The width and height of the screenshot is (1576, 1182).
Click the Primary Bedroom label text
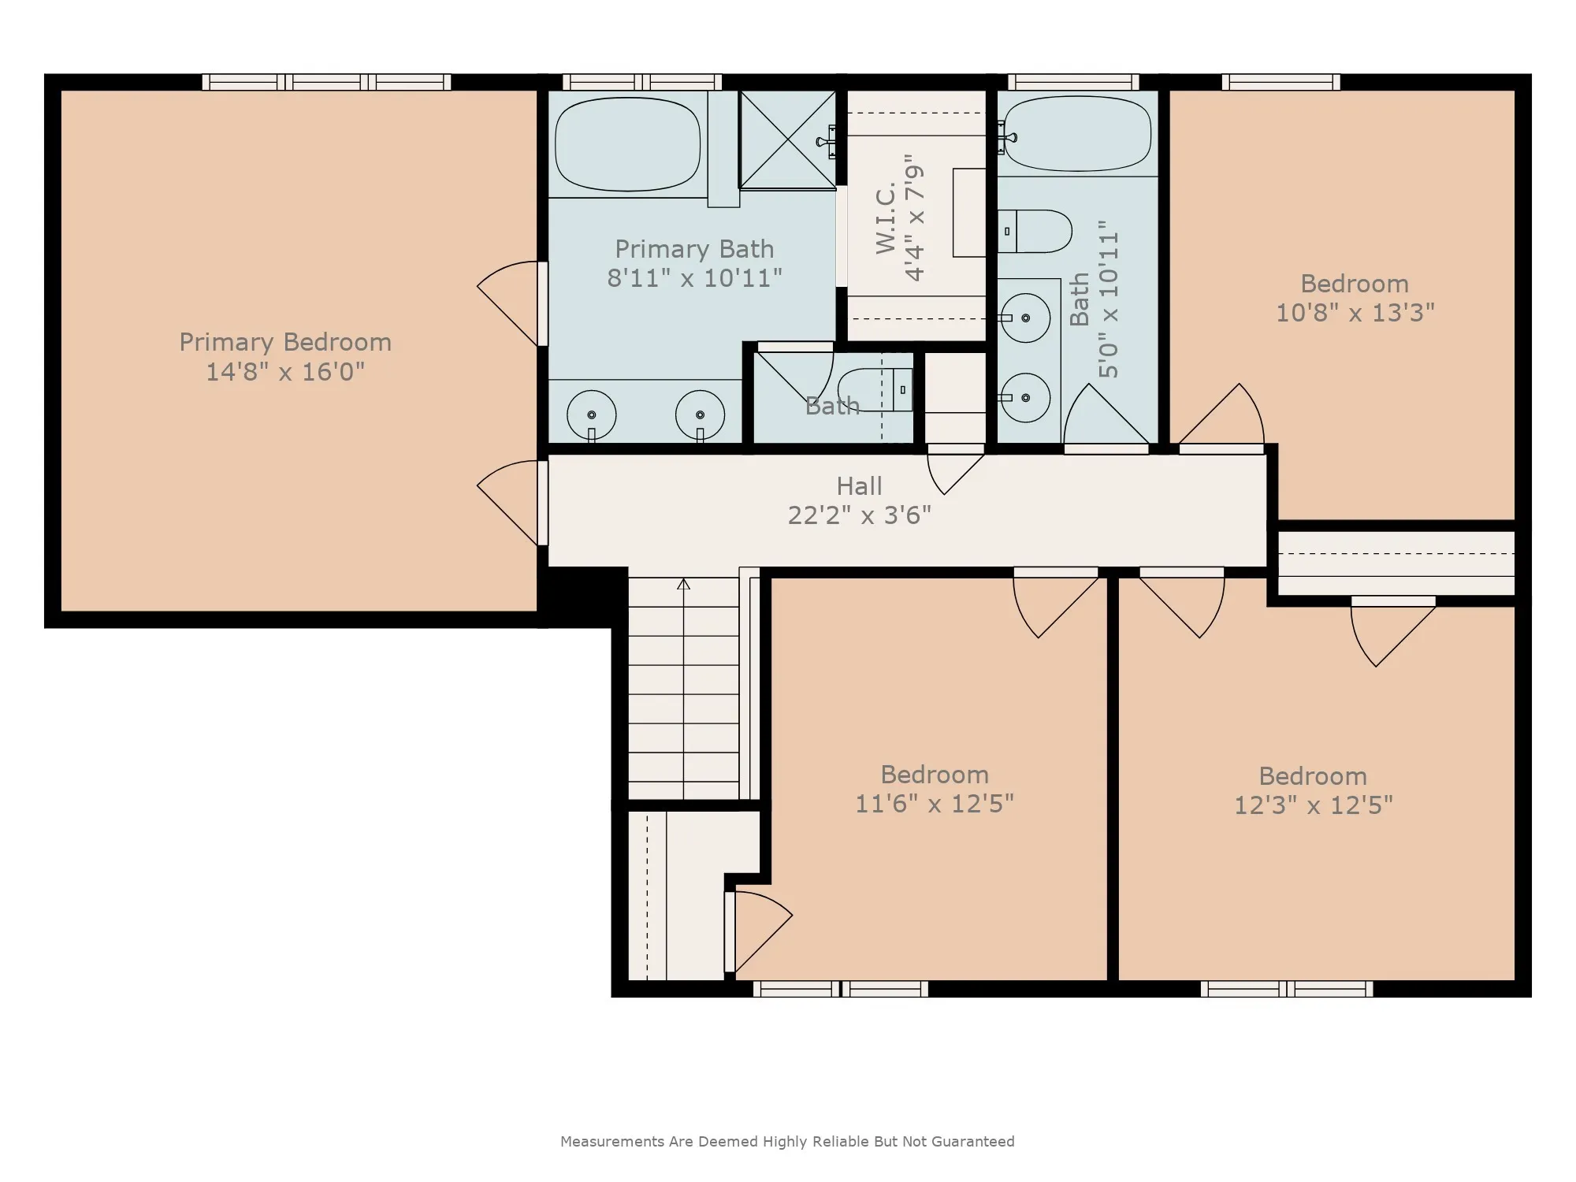point(285,343)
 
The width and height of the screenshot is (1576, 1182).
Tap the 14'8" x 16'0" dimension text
point(285,372)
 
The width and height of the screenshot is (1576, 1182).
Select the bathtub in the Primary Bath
point(628,143)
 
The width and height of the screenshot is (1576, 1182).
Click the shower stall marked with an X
point(787,140)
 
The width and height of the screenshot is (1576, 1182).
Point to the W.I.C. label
point(886,219)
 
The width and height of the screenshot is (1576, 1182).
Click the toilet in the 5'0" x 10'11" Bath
point(1035,231)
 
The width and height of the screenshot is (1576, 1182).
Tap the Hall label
point(859,486)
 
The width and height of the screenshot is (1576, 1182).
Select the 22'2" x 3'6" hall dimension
point(860,515)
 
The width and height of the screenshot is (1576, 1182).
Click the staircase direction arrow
point(684,584)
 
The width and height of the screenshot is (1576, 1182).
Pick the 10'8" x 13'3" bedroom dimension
point(1355,314)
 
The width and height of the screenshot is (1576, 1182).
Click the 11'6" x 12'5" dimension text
point(935,804)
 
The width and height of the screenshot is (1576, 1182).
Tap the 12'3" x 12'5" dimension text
point(1314,805)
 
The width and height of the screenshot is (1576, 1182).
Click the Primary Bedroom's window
point(326,82)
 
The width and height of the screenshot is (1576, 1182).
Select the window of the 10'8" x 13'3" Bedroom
point(1280,82)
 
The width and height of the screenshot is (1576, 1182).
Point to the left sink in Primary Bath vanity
point(591,414)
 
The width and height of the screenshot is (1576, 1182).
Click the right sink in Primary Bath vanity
point(700,414)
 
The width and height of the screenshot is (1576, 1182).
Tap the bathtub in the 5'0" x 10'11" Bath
point(1078,133)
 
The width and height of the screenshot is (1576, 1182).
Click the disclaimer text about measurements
point(787,1141)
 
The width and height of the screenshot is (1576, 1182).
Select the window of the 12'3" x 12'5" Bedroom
point(1287,989)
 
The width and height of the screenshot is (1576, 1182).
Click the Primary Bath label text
point(694,249)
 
